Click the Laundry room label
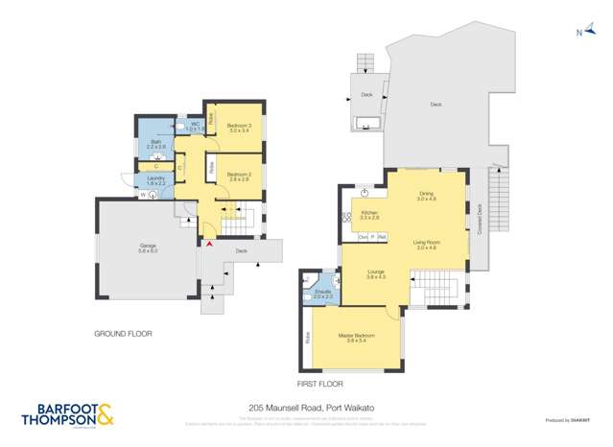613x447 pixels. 155,179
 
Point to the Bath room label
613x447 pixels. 156,145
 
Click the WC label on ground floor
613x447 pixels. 192,125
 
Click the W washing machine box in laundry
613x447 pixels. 144,196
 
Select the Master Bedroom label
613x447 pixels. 354,337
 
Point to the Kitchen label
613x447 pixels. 369,215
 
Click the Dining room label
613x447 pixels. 425,196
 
